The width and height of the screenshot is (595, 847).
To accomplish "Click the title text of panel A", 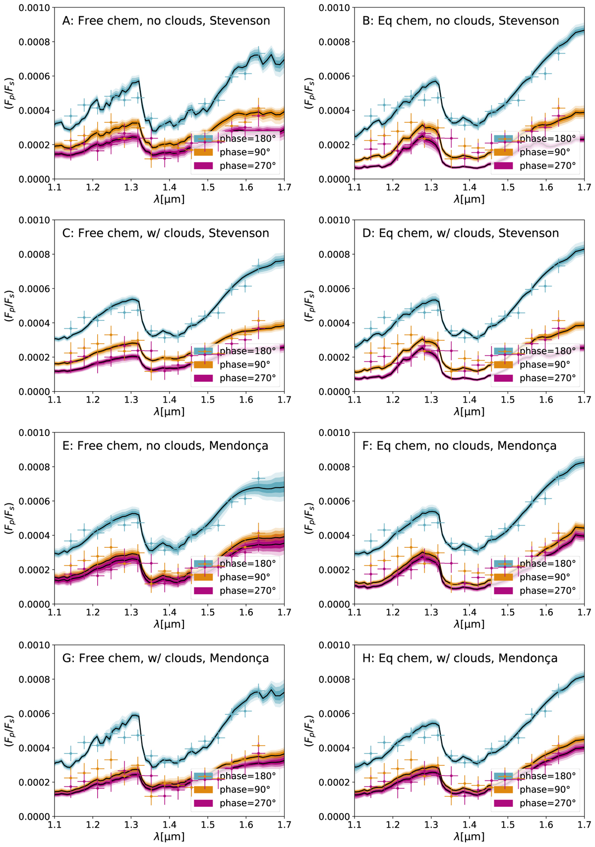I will coord(166,21).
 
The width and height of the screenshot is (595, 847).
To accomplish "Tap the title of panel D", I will coord(460,233).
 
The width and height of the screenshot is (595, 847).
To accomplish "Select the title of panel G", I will coord(166,658).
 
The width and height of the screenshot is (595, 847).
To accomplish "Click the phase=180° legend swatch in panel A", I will coord(203,139).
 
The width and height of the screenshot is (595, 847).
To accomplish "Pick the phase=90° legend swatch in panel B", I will coord(503,152).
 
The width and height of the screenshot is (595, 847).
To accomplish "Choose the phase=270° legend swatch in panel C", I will coord(203,378).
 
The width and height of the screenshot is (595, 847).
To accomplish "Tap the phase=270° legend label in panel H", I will coord(547,803).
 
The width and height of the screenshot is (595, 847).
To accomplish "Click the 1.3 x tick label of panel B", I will coord(431,187).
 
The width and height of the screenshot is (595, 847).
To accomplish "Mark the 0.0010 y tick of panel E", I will coord(35,433).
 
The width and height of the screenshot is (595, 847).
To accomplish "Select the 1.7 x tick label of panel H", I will coord(584,825).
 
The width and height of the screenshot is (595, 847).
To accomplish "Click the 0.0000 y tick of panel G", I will coord(35,817).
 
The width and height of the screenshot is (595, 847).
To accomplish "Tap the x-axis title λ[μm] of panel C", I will coord(169,412).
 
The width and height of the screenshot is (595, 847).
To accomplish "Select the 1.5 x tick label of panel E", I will coord(207,612).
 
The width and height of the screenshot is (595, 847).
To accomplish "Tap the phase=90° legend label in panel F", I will coord(544,577).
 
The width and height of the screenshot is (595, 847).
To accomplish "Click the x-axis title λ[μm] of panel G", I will coord(169,837).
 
